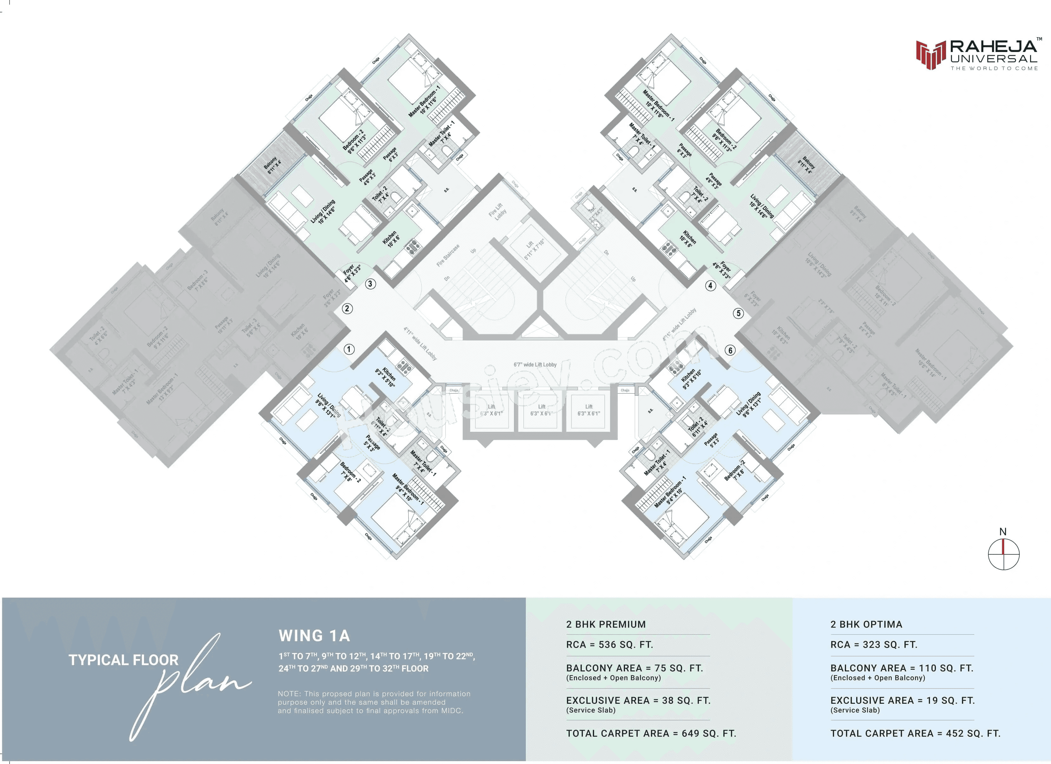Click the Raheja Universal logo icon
pos(930,55)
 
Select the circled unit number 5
pos(739,313)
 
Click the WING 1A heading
pos(314,636)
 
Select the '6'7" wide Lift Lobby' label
pos(535,365)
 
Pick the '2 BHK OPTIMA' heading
pos(866,624)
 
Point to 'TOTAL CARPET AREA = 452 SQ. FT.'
pos(915,734)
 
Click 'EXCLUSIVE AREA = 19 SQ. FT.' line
pos(902,701)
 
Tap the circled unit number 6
pos(730,350)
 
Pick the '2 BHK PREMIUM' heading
pos(606,624)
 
